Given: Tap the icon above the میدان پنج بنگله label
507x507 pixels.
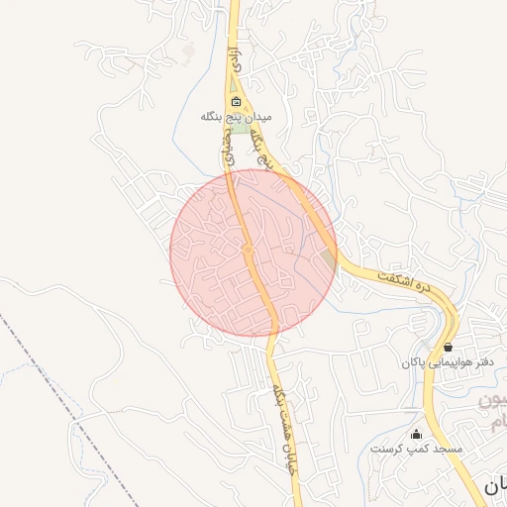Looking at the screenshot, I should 236,102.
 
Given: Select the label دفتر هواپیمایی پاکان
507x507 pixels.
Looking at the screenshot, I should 448,362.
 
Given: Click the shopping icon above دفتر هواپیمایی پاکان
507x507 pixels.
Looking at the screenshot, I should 449,347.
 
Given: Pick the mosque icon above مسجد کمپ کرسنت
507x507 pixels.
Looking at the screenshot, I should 416,434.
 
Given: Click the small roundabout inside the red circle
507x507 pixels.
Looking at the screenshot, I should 248,250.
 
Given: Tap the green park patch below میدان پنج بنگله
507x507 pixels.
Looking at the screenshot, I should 241,127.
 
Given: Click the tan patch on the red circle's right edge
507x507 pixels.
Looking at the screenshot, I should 329,260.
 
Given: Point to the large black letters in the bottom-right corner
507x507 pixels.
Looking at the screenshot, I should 495,484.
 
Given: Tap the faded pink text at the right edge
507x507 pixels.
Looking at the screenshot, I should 495,412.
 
